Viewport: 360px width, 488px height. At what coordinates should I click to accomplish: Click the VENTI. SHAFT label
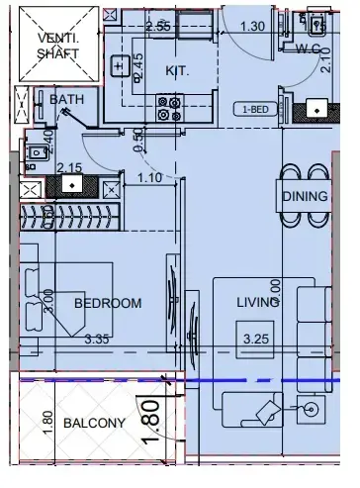click(x=60, y=47)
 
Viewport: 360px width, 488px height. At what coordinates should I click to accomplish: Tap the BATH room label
click(x=67, y=99)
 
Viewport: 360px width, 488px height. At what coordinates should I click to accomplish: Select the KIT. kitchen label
click(x=177, y=71)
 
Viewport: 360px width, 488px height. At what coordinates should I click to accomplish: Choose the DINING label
click(x=305, y=196)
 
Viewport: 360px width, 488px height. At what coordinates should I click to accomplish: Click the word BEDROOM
click(x=107, y=303)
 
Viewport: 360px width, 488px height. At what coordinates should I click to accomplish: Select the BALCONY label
click(x=94, y=423)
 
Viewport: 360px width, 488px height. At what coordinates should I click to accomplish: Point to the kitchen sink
click(x=119, y=67)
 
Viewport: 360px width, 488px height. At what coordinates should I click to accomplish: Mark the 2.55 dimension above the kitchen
click(x=157, y=26)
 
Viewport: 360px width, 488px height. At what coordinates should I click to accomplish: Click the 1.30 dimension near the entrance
click(x=252, y=27)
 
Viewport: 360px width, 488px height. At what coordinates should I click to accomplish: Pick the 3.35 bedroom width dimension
click(x=97, y=340)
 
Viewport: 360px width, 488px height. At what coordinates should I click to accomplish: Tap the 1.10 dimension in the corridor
click(x=149, y=178)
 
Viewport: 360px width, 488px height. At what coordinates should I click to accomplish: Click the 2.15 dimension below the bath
click(x=68, y=167)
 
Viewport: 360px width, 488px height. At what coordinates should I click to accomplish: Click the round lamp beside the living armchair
click(x=313, y=408)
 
